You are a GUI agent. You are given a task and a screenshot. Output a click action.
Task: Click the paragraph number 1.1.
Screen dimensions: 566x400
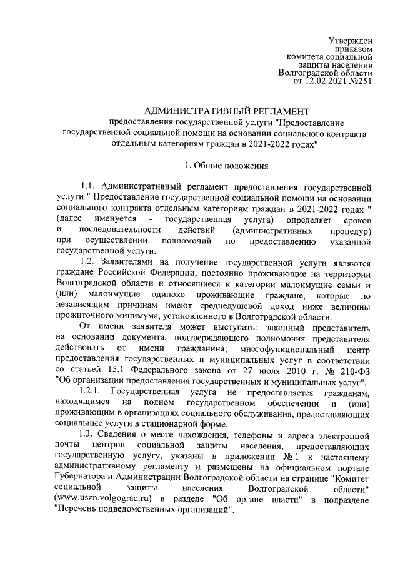pos(88,187)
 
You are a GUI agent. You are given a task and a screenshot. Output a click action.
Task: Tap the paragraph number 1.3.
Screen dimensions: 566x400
pos(88,434)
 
